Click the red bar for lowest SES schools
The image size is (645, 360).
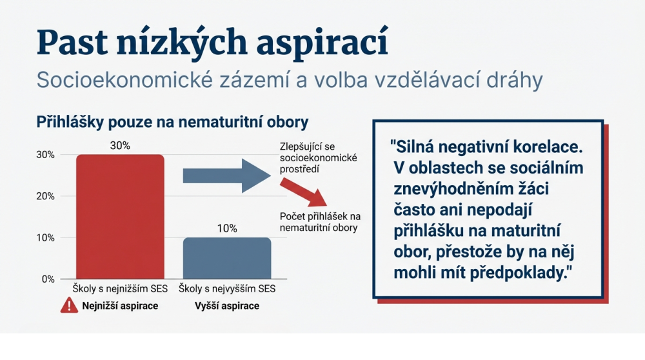(120, 217)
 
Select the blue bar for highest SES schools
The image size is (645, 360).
(227, 258)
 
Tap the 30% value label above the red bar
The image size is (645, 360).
(120, 146)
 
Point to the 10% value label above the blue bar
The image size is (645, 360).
(227, 228)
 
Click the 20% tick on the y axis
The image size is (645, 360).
(45, 196)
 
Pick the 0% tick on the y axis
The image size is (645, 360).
(48, 279)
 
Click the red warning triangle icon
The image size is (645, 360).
(69, 306)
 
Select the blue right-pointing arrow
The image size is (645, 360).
(226, 175)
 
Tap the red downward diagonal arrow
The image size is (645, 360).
(303, 192)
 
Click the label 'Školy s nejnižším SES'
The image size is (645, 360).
(120, 289)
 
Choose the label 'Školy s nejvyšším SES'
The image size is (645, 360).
(227, 289)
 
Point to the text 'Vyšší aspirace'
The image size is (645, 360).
(227, 306)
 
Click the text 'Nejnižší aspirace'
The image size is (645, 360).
(120, 306)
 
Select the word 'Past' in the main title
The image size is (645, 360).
(72, 42)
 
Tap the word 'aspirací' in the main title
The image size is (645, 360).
(322, 43)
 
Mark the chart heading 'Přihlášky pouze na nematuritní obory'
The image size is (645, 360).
(172, 122)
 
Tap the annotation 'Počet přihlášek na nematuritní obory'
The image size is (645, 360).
(320, 222)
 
